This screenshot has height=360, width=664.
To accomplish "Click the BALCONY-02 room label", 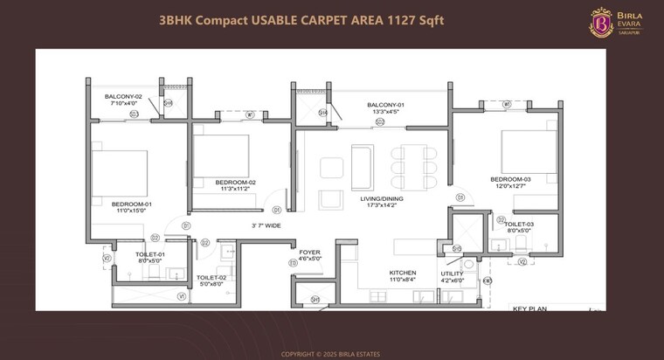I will click(x=122, y=96).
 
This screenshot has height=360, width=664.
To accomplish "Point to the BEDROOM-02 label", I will click(x=234, y=182).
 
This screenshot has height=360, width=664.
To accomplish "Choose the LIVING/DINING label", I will click(x=380, y=199).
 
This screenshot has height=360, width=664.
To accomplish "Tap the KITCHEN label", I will click(x=403, y=273).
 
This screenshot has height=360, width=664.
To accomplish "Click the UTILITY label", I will click(x=453, y=273).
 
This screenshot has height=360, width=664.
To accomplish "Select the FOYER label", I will click(x=309, y=252).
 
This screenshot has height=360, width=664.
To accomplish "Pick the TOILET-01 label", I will click(x=149, y=255).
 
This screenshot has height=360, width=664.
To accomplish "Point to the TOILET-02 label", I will click(x=212, y=278).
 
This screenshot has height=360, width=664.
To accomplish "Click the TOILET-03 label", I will click(x=519, y=225).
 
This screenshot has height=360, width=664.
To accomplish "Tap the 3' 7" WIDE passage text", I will click(x=266, y=225).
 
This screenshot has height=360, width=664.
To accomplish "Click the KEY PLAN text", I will click(x=529, y=308).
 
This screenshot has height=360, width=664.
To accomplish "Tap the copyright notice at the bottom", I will click(x=332, y=354).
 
